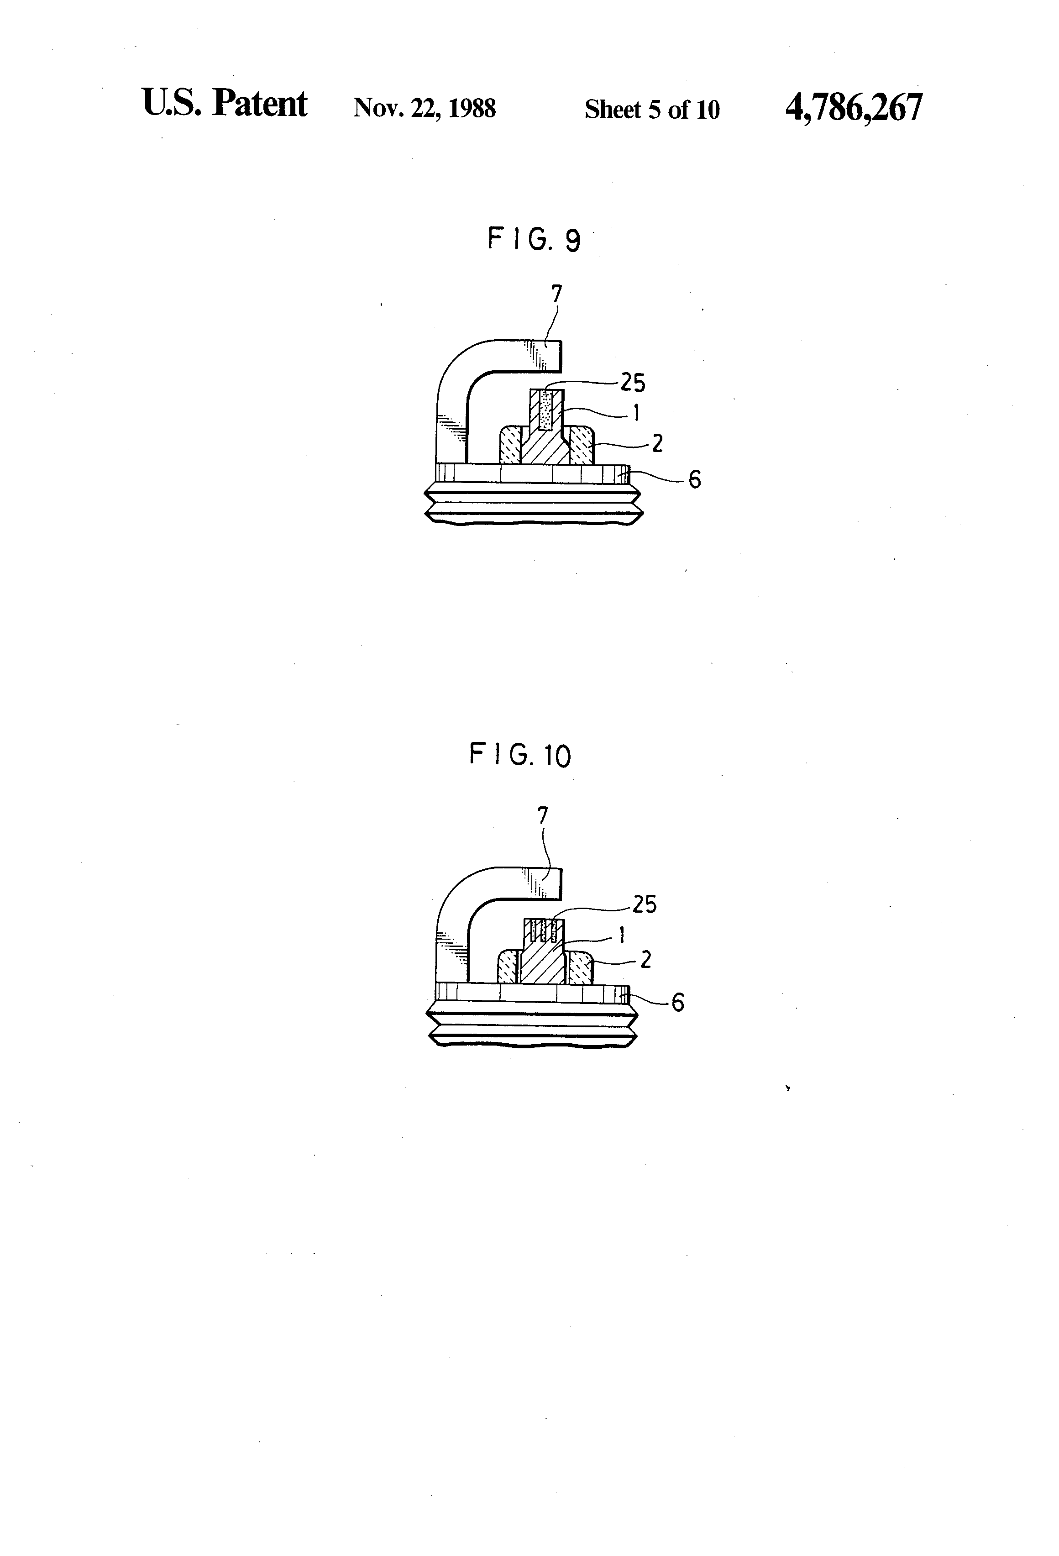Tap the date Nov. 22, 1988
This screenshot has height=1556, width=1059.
coord(425,109)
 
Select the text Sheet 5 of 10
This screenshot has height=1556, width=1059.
coord(651,109)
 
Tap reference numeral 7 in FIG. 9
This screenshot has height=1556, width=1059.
coord(556,294)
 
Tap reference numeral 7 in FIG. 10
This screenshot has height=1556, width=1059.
coord(543,815)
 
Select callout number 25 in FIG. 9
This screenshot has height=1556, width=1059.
coord(633,383)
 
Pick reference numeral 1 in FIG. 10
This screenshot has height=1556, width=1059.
coord(622,935)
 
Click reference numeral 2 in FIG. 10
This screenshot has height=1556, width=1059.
coord(645,960)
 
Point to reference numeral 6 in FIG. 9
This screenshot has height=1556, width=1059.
coord(694,479)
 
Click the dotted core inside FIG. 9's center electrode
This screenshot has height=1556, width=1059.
coord(545,410)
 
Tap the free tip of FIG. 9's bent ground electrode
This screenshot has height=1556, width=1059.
coord(554,356)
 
